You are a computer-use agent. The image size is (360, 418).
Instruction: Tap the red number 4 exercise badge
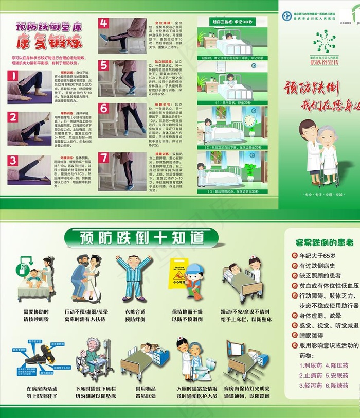104,23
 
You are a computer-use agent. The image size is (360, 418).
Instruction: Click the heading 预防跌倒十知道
142,237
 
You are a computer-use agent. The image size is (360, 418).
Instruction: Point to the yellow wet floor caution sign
178,271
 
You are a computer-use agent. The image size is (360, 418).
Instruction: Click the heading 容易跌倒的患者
321,241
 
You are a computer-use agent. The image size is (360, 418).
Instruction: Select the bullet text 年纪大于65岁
317,256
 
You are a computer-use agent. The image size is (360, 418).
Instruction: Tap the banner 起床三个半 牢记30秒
232,22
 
